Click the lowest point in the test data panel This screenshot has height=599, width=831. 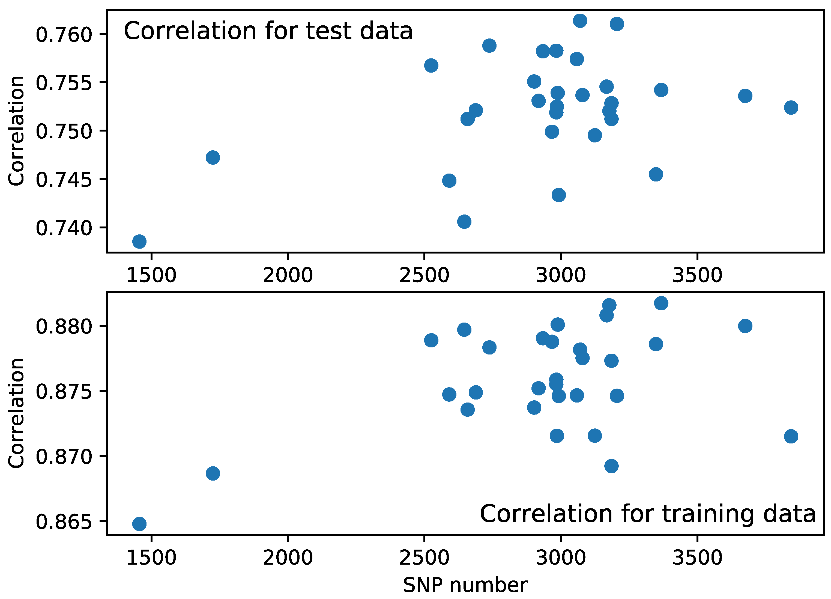139,241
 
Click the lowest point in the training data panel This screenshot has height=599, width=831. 139,524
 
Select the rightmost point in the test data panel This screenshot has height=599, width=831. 791,108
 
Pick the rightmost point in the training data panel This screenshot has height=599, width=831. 791,436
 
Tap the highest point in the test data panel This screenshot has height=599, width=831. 580,20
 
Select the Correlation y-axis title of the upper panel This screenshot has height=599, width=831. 16,131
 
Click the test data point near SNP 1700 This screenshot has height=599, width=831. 213,158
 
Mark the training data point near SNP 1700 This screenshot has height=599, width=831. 213,474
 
